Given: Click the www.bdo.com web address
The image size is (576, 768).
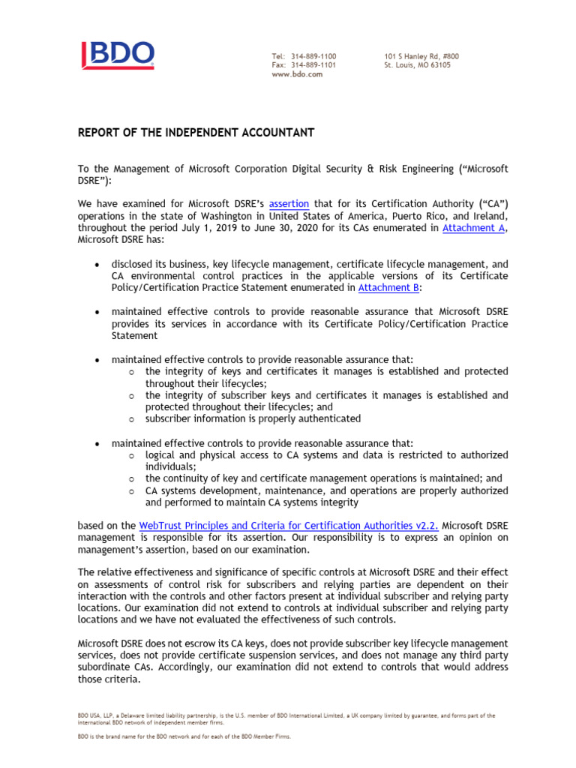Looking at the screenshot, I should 297,74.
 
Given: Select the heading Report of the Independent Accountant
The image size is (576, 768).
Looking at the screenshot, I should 196,133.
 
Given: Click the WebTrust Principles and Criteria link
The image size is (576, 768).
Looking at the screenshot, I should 289,526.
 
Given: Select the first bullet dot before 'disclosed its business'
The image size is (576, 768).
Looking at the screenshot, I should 96,265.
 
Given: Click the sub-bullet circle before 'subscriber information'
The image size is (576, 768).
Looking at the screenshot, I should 131,419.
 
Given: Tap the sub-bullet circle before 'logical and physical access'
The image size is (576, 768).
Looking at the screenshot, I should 131,455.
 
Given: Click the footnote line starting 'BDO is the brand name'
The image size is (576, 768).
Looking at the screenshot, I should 184,736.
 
